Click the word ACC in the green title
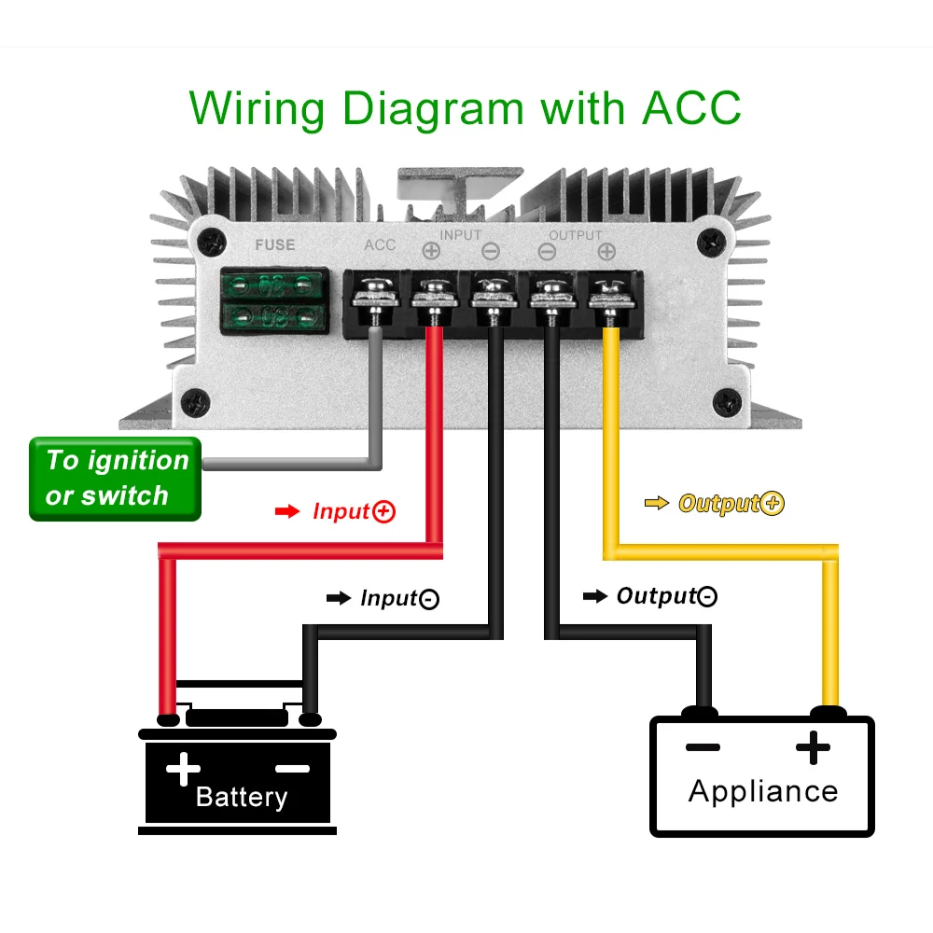pyautogui.click(x=690, y=108)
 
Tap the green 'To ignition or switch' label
pyautogui.click(x=116, y=479)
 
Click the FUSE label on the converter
pyautogui.click(x=274, y=245)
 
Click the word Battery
pyautogui.click(x=242, y=797)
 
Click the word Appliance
pyautogui.click(x=763, y=791)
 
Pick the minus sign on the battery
pyautogui.click(x=292, y=769)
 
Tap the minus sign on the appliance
pyautogui.click(x=702, y=746)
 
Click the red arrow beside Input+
pyautogui.click(x=287, y=511)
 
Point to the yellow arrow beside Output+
pyautogui.click(x=657, y=504)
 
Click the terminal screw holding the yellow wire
pyautogui.click(x=607, y=297)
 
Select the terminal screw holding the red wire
pyautogui.click(x=432, y=297)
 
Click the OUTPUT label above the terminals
pyautogui.click(x=576, y=235)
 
